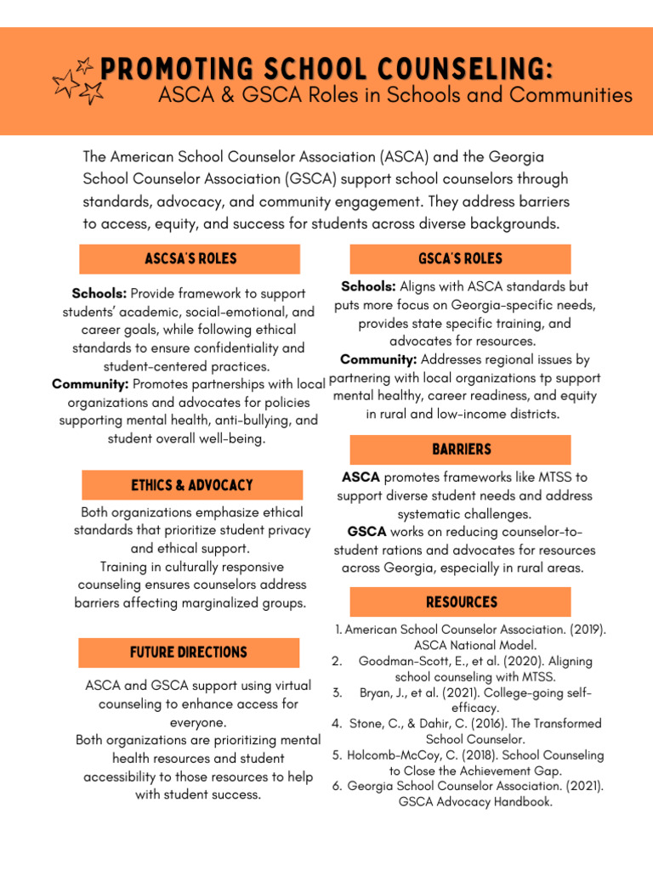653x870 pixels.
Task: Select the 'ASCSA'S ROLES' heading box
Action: pyautogui.click(x=190, y=259)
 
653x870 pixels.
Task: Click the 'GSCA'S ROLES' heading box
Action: pyautogui.click(x=460, y=259)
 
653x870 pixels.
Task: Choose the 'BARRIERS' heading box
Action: pyautogui.click(x=460, y=449)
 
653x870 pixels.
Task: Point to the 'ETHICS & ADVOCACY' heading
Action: pyautogui.click(x=192, y=485)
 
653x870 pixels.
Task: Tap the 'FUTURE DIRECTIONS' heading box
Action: pyautogui.click(x=189, y=652)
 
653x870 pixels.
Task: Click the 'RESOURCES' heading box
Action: pyautogui.click(x=460, y=602)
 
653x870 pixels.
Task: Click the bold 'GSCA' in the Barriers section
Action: pyautogui.click(x=366, y=532)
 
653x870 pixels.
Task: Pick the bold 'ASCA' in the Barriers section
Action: pyautogui.click(x=361, y=477)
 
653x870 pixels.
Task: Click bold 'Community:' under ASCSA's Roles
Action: pyautogui.click(x=90, y=385)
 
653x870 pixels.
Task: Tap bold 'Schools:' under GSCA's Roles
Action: pyautogui.click(x=368, y=287)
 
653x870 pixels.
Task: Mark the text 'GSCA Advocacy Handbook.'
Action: pyautogui.click(x=475, y=801)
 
